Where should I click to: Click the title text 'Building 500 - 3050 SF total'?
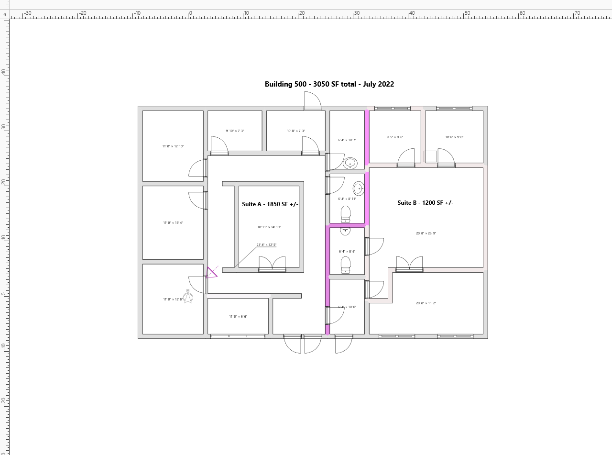point(329,84)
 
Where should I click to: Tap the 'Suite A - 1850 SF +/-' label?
point(270,204)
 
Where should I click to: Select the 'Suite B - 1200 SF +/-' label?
point(425,203)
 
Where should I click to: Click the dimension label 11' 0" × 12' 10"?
point(173,146)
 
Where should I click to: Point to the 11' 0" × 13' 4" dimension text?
point(173,223)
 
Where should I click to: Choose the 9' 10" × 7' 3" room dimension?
point(235,131)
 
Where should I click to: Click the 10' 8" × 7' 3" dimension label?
point(296,131)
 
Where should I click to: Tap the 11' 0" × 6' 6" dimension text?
point(238,317)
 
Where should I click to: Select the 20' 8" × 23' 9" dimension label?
point(426,233)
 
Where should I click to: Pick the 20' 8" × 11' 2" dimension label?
point(426,303)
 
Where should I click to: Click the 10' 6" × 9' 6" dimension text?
point(454,137)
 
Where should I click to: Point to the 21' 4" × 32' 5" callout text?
point(266,245)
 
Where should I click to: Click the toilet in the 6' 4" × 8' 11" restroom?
point(345,214)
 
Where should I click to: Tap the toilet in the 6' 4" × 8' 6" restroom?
point(345,265)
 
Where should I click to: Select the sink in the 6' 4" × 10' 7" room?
point(350,163)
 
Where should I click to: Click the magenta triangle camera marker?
point(211,273)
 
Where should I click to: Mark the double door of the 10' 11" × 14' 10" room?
point(272,264)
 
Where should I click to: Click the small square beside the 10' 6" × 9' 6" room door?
point(430,156)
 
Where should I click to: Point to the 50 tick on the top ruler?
point(467,13)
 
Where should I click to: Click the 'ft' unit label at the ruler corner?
point(5,15)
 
